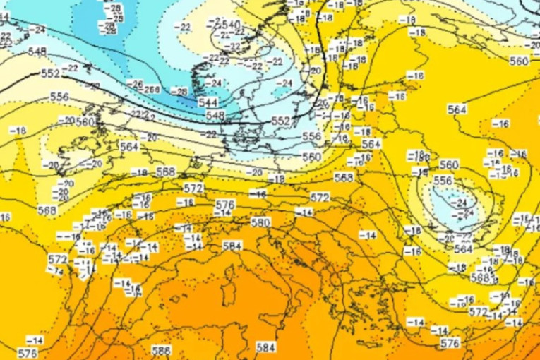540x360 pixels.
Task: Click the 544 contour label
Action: click(x=208, y=102)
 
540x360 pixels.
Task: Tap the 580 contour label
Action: click(x=260, y=222)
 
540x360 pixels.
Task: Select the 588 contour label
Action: click(x=162, y=349)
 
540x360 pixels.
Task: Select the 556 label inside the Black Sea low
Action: click(x=443, y=181)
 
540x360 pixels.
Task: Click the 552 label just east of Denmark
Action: click(x=282, y=121)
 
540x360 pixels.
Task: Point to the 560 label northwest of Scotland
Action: click(x=85, y=121)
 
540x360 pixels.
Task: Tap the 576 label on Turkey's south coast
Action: click(x=450, y=343)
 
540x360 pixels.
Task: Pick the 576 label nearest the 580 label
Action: click(x=224, y=205)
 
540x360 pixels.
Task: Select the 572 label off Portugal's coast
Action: click(x=57, y=259)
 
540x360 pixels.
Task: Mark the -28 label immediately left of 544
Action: click(x=181, y=92)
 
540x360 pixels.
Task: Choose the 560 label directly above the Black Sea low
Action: click(x=449, y=165)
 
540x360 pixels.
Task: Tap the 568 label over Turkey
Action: click(x=480, y=278)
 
